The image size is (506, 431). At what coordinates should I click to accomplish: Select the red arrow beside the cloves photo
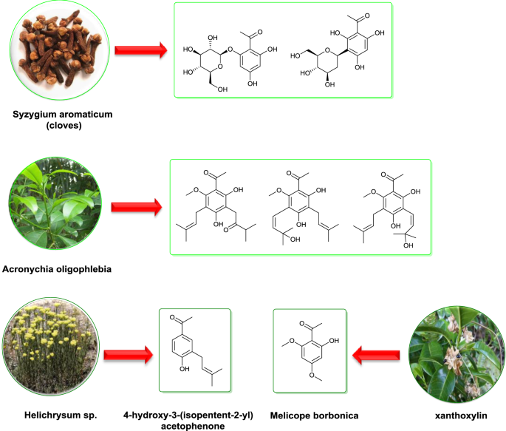(140, 50)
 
